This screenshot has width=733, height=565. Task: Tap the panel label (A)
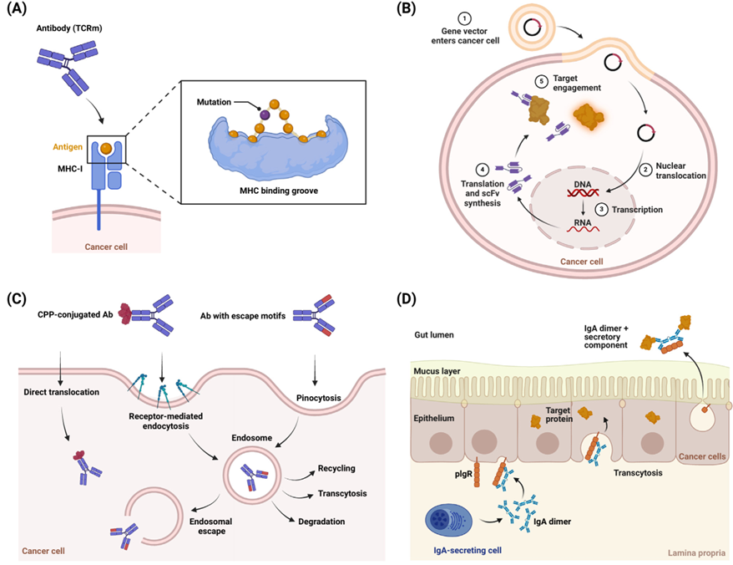point(19,11)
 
